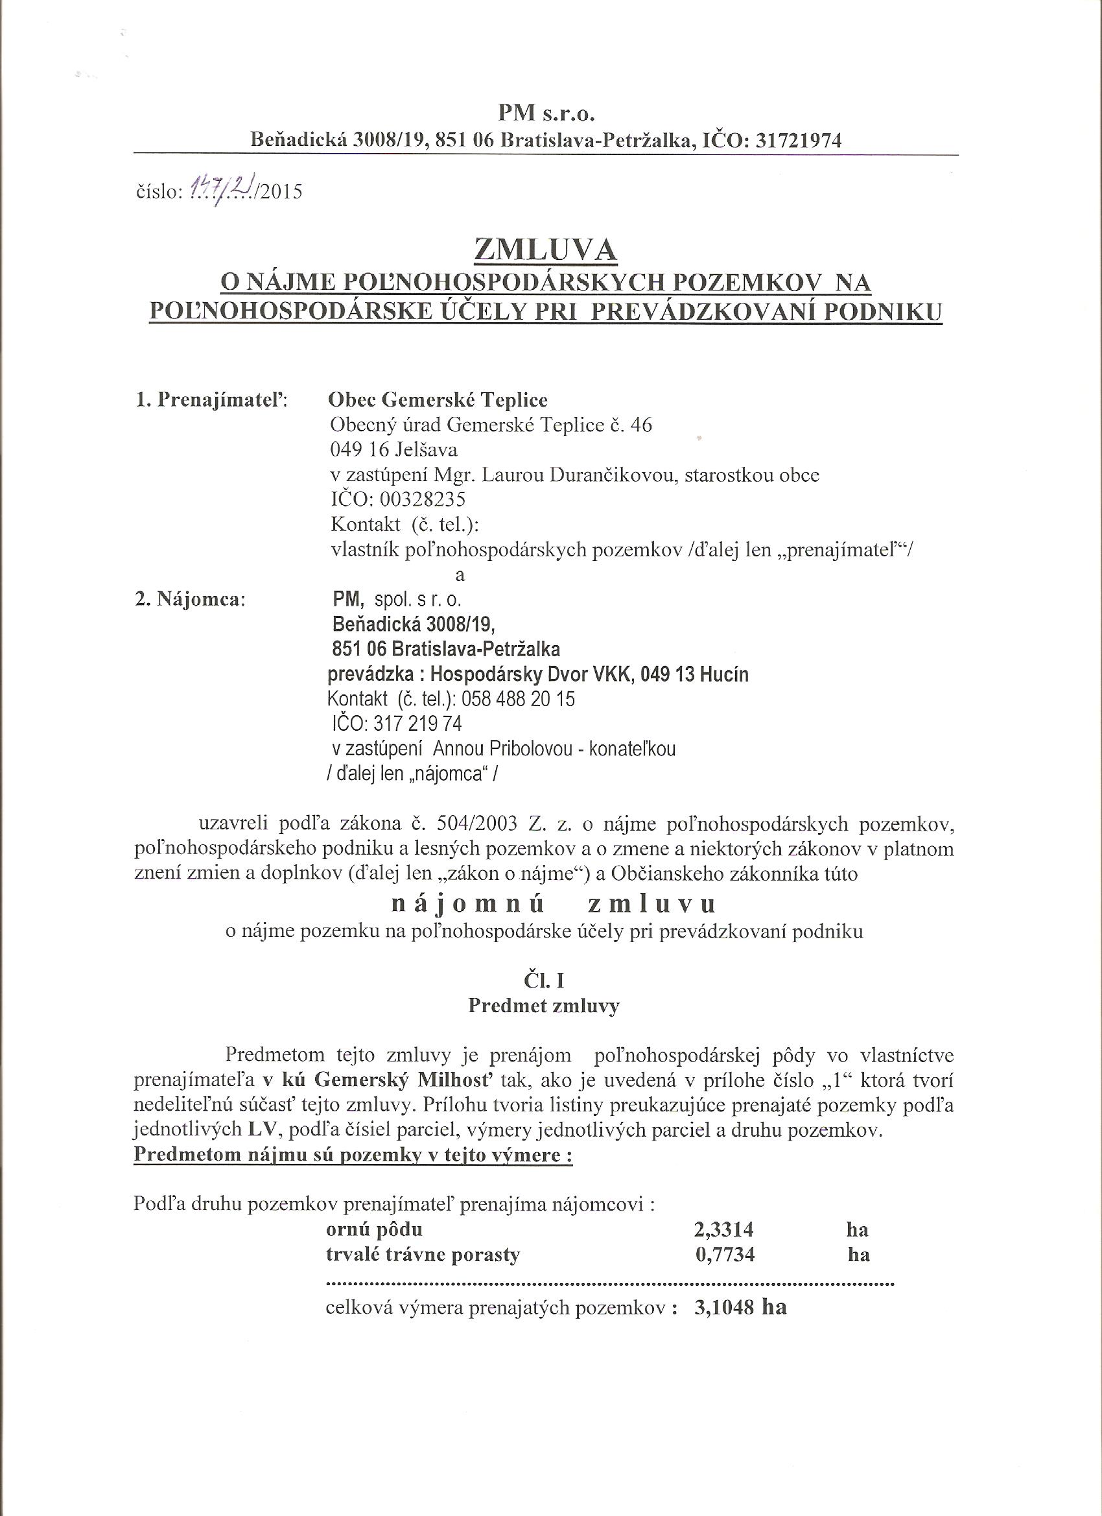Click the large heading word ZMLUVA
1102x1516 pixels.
(545, 250)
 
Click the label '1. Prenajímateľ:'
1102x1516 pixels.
(211, 400)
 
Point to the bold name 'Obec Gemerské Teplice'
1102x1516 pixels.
(438, 399)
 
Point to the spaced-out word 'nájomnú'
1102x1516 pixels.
(468, 905)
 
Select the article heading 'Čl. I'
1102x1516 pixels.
(543, 980)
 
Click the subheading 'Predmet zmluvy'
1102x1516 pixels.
(544, 1006)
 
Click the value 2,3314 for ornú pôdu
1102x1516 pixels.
(725, 1229)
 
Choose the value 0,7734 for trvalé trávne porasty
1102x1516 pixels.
(725, 1255)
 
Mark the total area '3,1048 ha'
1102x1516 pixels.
(740, 1308)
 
